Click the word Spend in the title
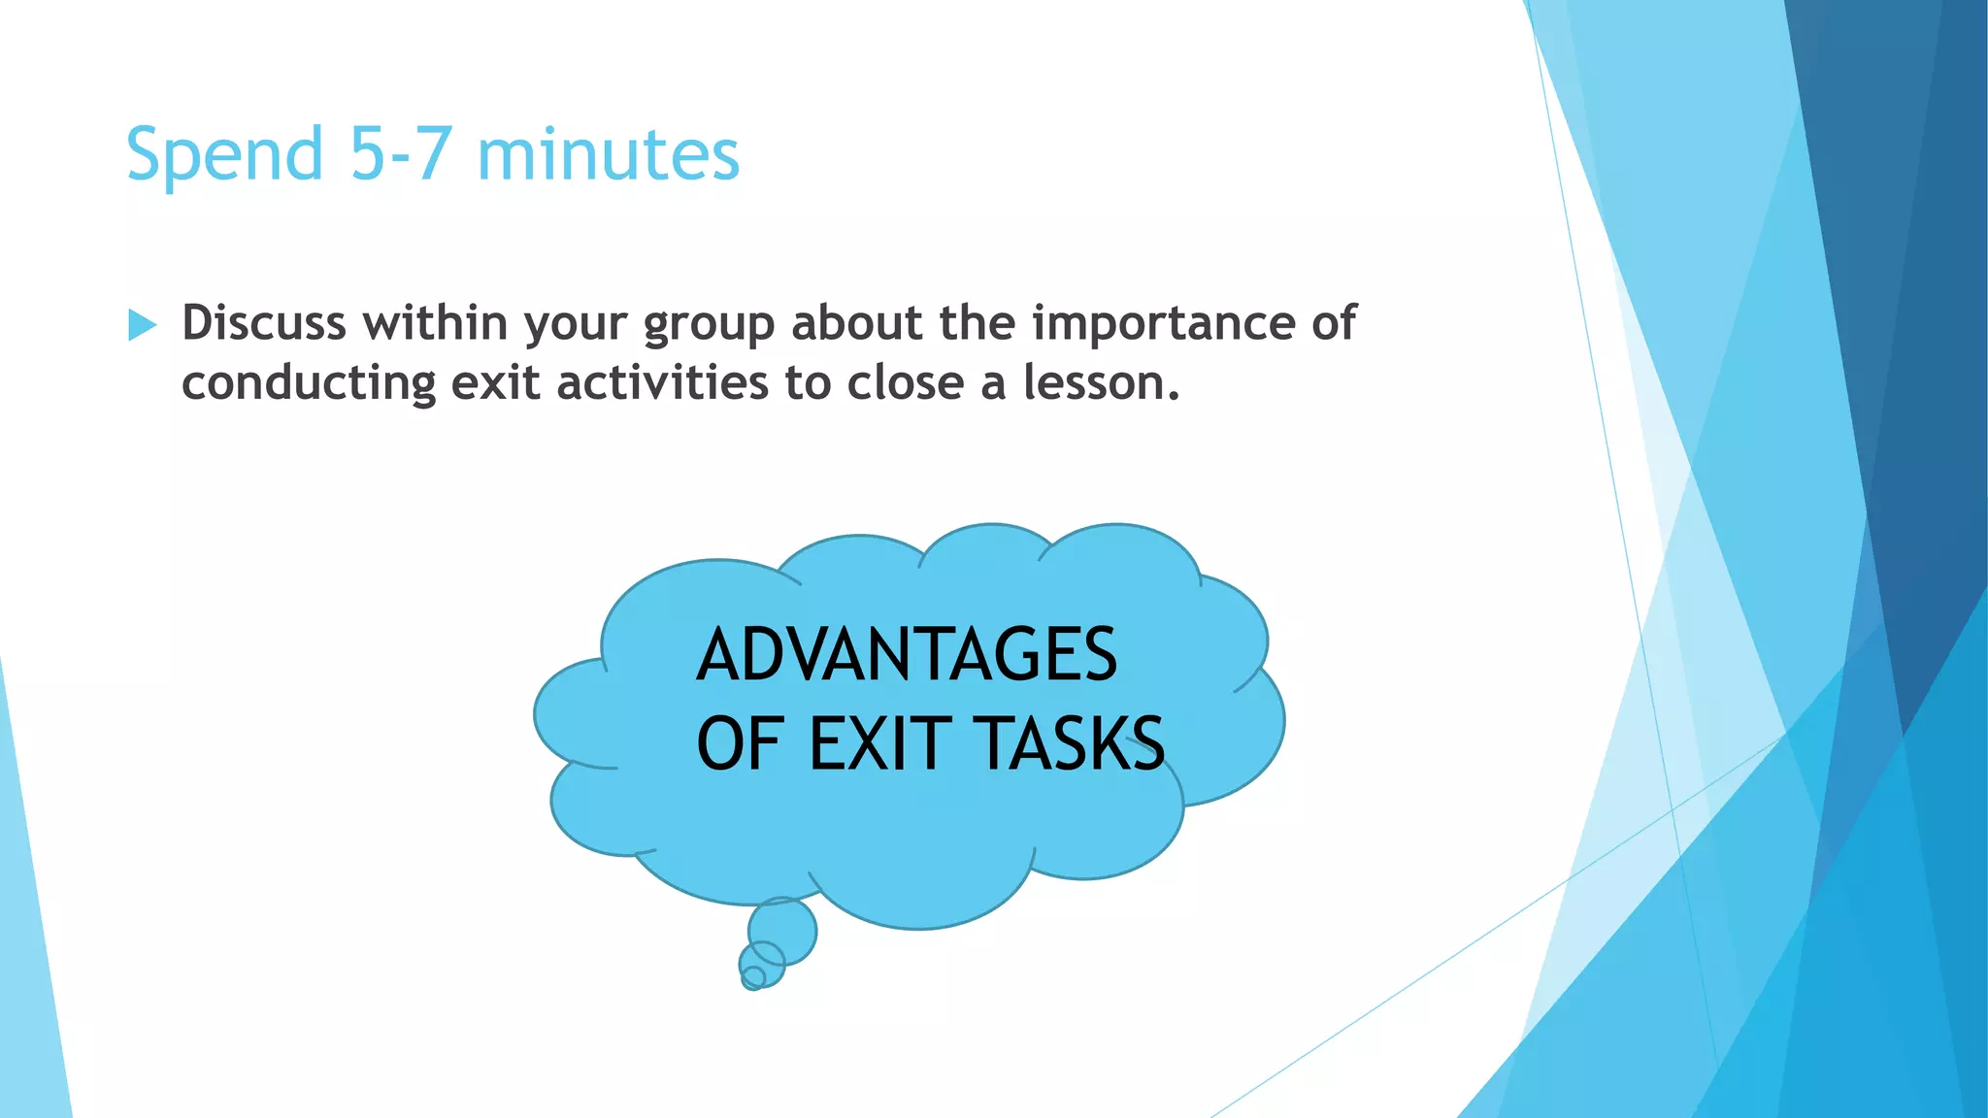point(224,155)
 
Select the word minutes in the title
point(609,155)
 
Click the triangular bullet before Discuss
point(142,325)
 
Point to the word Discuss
point(263,322)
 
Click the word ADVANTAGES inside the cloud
point(907,655)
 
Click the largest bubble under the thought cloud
point(782,931)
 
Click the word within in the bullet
point(436,322)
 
